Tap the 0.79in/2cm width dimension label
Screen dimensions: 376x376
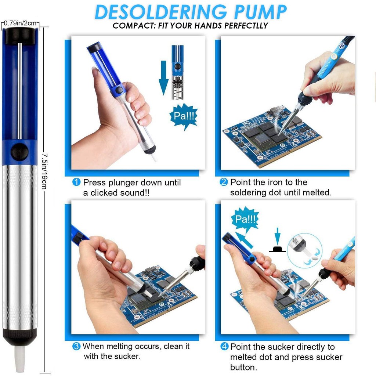coord(20,23)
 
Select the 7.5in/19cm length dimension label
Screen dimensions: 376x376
coord(44,171)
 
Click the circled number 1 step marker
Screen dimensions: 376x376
coord(76,182)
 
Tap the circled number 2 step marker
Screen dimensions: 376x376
coord(224,182)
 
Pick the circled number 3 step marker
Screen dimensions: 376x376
coord(76,346)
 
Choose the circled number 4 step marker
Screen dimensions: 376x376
coord(224,347)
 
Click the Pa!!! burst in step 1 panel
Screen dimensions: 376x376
coord(184,116)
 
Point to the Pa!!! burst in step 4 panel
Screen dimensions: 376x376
coord(245,219)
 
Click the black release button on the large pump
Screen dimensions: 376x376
coord(20,152)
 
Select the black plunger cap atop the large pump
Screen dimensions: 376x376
coord(20,36)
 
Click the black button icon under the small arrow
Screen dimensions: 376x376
coord(278,249)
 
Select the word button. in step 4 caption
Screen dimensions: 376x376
coord(243,367)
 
